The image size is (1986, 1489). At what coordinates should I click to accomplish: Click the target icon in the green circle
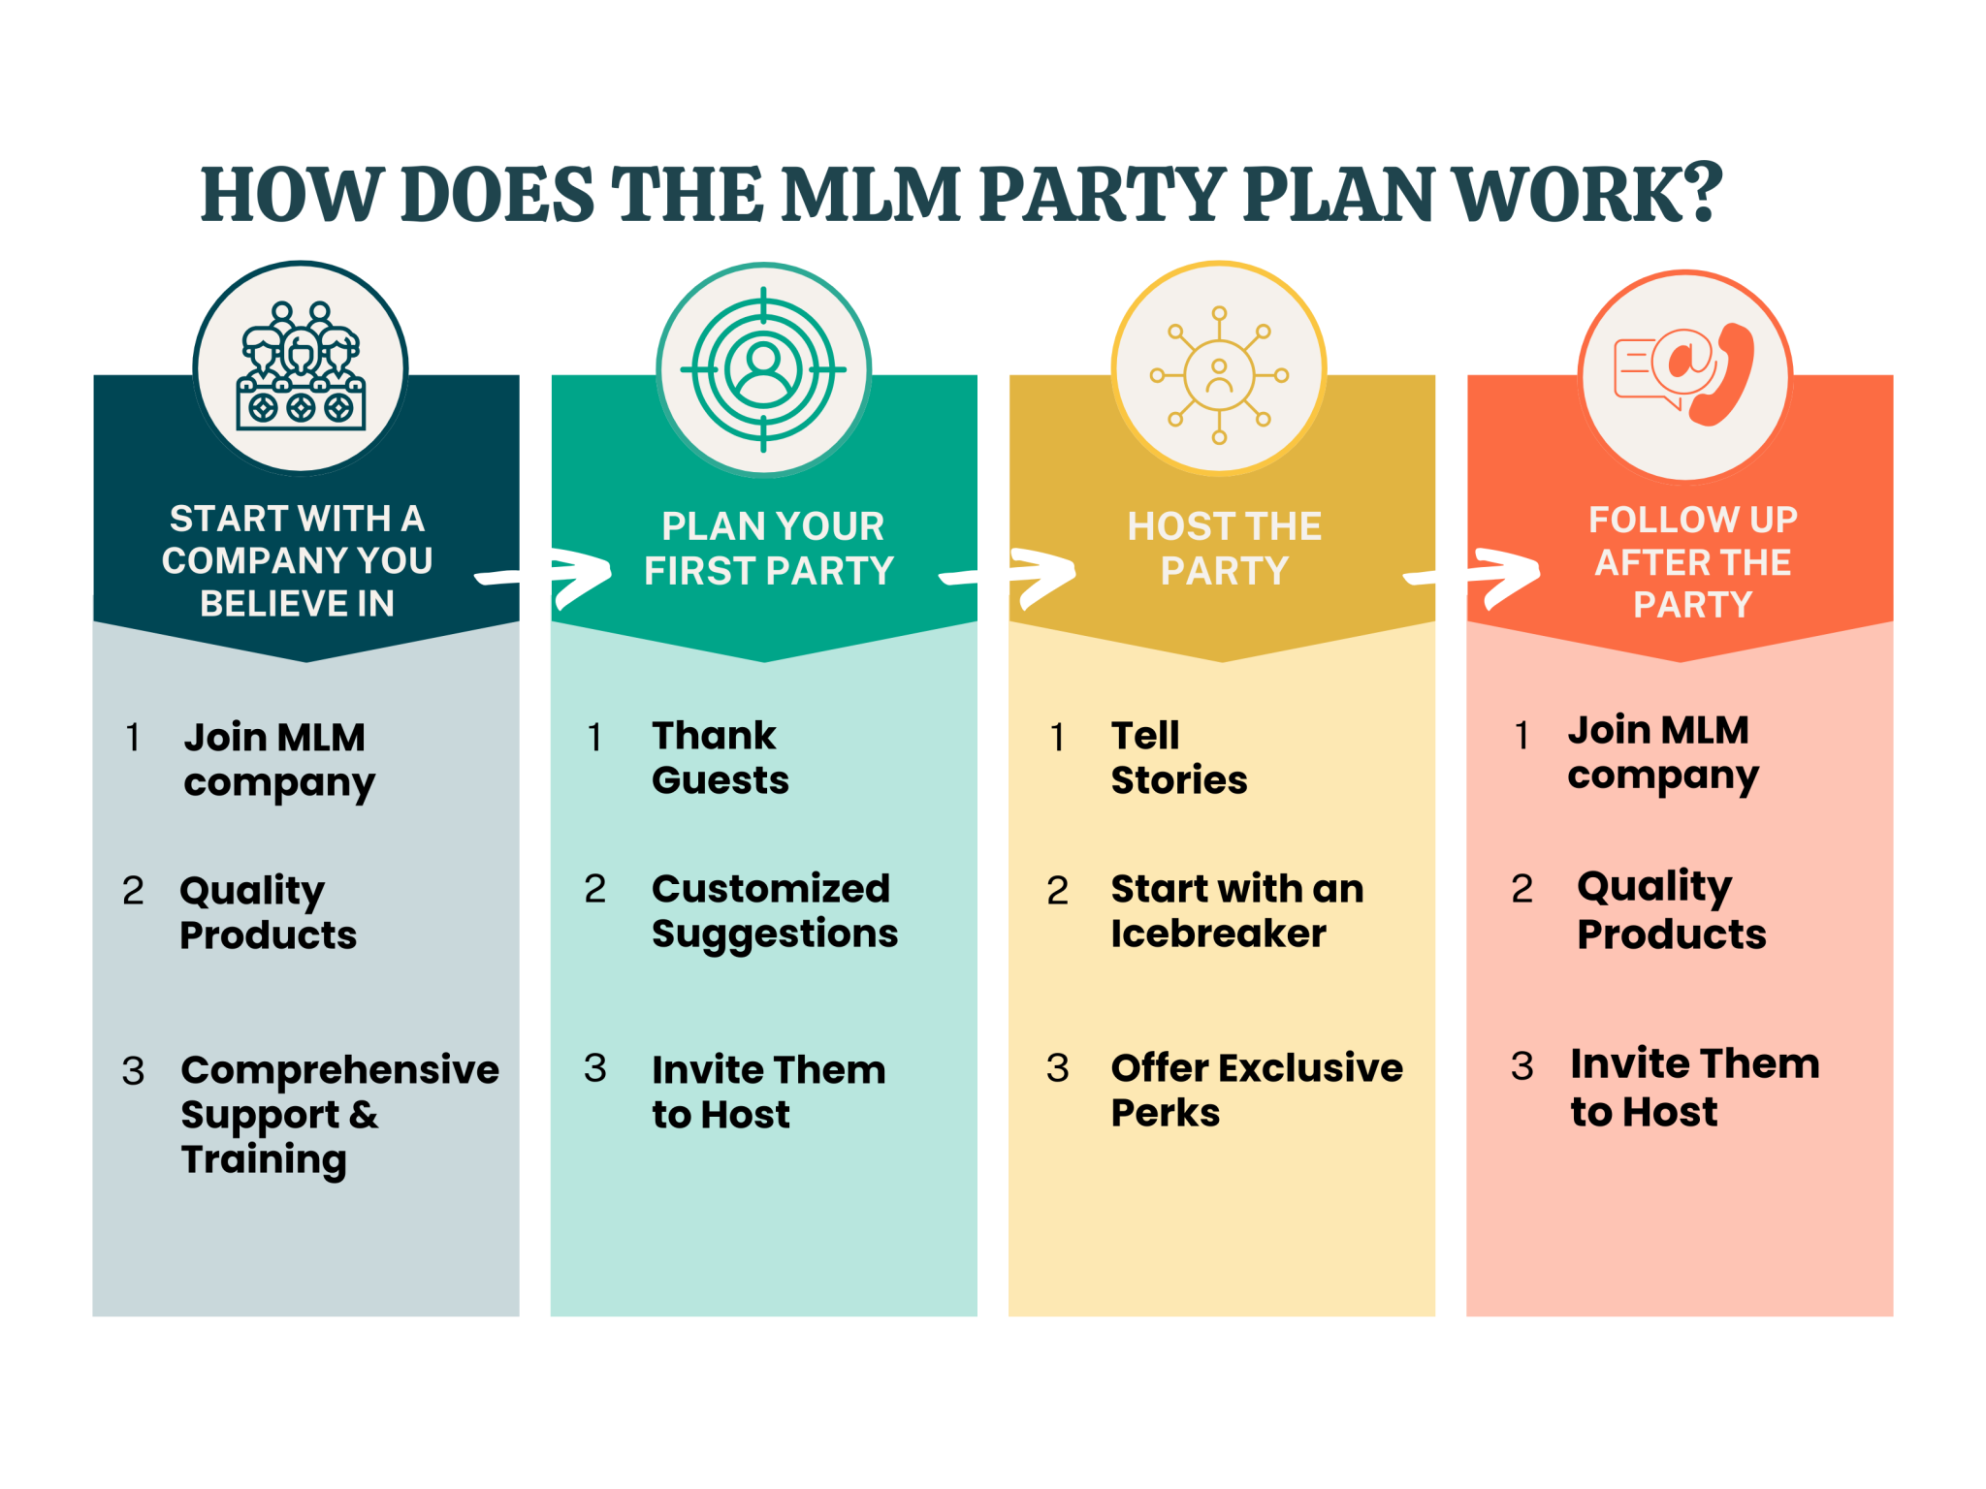pyautogui.click(x=763, y=369)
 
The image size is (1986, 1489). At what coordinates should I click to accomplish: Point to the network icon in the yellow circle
pyautogui.click(x=1219, y=374)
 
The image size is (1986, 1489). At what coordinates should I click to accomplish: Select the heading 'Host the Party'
pyautogui.click(x=1224, y=549)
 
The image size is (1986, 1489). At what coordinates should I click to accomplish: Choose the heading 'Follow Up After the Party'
pyautogui.click(x=1692, y=561)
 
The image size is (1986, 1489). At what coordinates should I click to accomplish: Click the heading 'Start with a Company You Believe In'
pyautogui.click(x=298, y=560)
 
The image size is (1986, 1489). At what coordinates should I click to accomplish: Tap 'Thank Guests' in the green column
pyautogui.click(x=719, y=757)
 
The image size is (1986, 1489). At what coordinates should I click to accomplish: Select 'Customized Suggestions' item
pyautogui.click(x=773, y=910)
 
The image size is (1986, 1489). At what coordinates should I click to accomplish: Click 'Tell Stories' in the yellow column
pyautogui.click(x=1178, y=757)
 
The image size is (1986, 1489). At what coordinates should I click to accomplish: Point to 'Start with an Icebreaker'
pyautogui.click(x=1236, y=910)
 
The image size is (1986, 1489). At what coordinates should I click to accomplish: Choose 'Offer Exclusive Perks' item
pyautogui.click(x=1256, y=1090)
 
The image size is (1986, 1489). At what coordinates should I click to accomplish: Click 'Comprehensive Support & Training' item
pyautogui.click(x=338, y=1114)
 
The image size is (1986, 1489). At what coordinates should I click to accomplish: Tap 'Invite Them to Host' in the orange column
pyautogui.click(x=1694, y=1087)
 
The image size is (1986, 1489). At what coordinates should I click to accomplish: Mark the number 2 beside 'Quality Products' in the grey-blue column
pyautogui.click(x=133, y=891)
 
